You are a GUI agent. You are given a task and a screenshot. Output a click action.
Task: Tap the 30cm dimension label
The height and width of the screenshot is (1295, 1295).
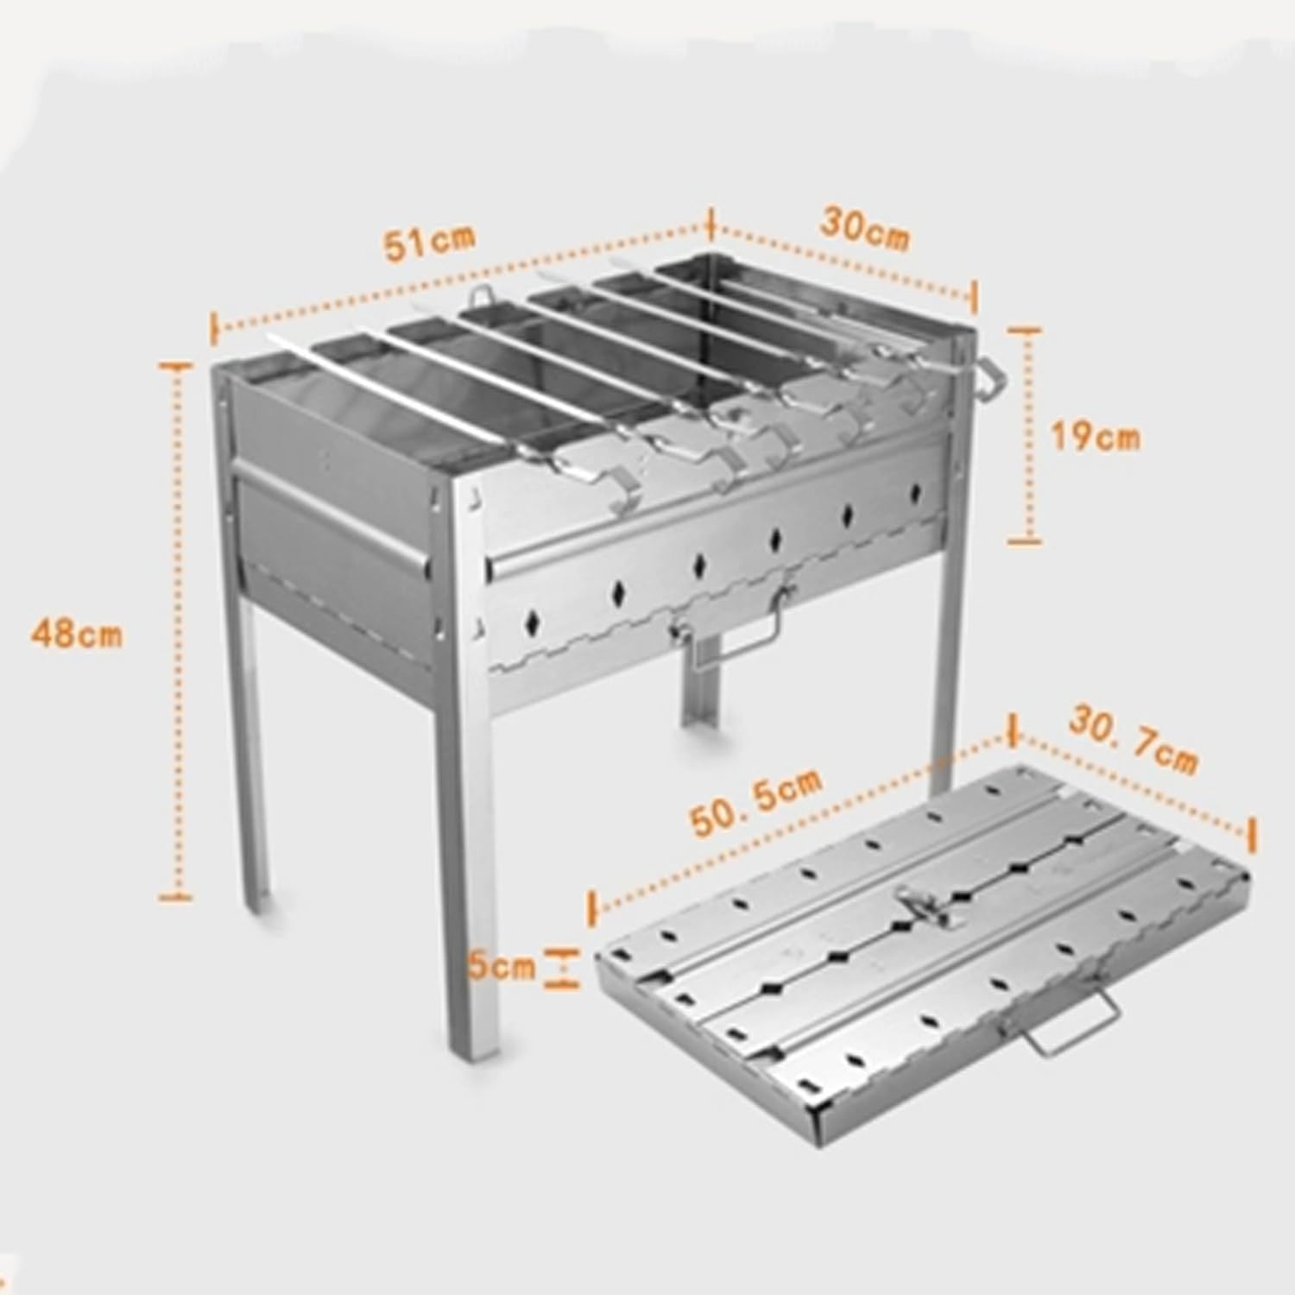[x=864, y=228]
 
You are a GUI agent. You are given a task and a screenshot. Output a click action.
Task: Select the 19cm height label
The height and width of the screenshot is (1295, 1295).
[x=1095, y=437]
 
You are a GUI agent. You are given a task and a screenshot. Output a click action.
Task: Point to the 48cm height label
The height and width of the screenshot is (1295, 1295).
[x=77, y=635]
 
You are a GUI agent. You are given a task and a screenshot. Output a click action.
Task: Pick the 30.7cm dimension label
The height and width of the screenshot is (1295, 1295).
[x=1133, y=739]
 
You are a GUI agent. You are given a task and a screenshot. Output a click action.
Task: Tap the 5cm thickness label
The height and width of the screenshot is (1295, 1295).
[x=502, y=966]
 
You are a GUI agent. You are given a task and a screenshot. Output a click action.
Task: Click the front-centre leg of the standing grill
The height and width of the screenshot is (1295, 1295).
[x=471, y=872]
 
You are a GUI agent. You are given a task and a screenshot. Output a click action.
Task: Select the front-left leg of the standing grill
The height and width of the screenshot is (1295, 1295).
[x=254, y=751]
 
